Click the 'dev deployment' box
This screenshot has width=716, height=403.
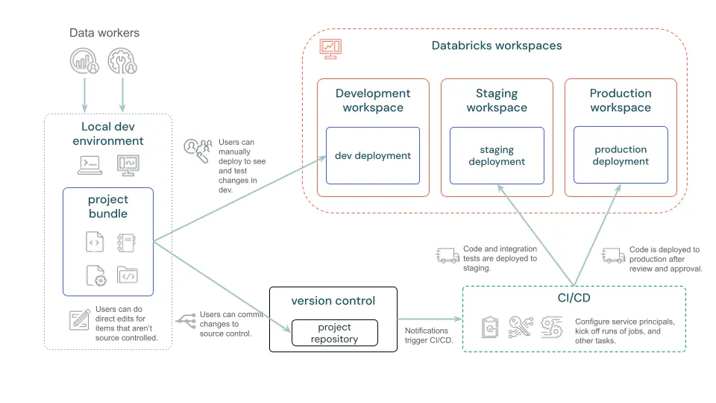(x=372, y=155)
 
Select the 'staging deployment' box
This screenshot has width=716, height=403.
(x=497, y=155)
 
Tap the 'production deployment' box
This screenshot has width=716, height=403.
(x=621, y=155)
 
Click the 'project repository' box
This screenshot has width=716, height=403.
(x=334, y=333)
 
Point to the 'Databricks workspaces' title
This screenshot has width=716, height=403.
(x=497, y=46)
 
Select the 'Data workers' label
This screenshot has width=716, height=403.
(x=104, y=33)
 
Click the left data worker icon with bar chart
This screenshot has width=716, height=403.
(x=84, y=61)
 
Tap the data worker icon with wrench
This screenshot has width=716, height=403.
(x=122, y=61)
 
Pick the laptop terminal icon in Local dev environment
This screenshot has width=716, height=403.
(x=90, y=164)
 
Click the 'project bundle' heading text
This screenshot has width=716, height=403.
(x=108, y=207)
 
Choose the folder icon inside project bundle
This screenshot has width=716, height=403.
(x=128, y=275)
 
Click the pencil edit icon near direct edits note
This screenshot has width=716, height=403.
(x=80, y=319)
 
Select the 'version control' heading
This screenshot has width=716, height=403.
(x=333, y=301)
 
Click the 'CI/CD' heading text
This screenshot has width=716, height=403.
(x=574, y=299)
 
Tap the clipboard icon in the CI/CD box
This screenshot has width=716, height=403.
(x=490, y=327)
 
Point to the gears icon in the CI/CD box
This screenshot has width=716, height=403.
(x=552, y=327)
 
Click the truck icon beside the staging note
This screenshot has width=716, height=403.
(x=447, y=257)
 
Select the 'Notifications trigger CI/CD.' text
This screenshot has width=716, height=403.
(x=427, y=336)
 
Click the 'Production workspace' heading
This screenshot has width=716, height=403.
(x=621, y=100)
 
